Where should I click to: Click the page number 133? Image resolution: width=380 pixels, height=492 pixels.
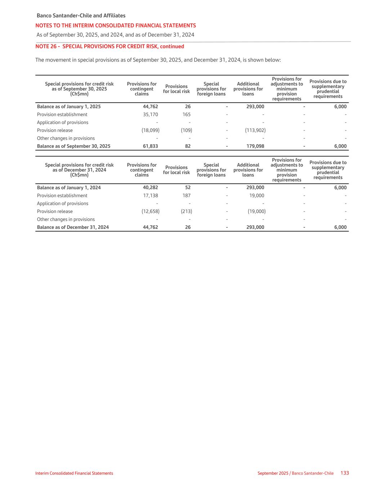coord(345,473)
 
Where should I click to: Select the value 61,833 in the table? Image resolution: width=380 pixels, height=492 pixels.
coord(150,146)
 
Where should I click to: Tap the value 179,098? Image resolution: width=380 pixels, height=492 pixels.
coord(255,146)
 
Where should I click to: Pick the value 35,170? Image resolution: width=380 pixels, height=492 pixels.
coord(150,115)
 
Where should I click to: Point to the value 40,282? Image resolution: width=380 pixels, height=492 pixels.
coord(150,188)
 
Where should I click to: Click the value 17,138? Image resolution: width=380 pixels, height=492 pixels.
coord(150,196)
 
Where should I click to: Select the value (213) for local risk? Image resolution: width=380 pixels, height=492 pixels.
coord(186,212)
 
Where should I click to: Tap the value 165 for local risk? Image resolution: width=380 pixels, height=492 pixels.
coord(187,115)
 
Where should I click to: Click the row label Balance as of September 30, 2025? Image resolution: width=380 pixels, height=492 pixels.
coord(73,146)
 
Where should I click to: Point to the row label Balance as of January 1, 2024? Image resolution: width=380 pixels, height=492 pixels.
coord(69,188)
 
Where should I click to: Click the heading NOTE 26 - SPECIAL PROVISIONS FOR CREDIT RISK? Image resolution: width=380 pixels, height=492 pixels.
coord(109,46)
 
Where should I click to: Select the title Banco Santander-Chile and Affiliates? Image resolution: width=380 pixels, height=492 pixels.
coord(81,15)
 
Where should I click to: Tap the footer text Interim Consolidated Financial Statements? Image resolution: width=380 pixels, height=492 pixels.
coord(74,473)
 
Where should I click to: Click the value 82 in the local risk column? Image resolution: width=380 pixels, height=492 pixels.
coord(188,146)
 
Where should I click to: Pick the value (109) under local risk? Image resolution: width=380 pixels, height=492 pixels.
coord(186,130)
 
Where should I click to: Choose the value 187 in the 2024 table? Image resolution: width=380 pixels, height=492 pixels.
coord(187,196)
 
